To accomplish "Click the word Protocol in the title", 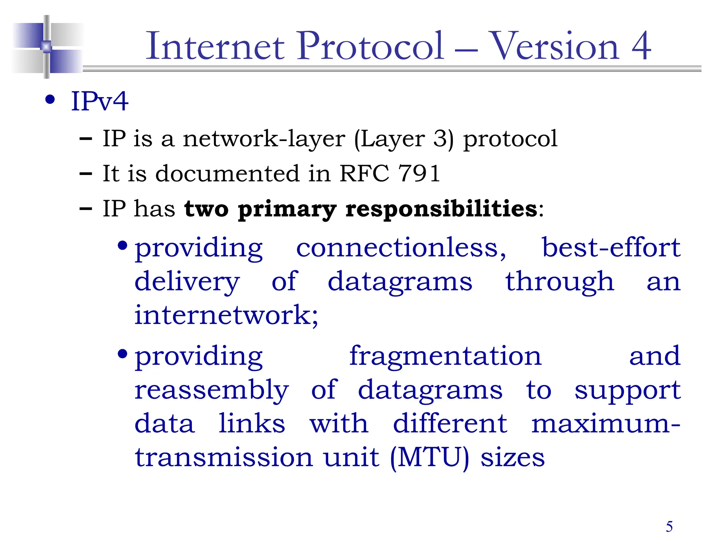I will click(x=370, y=46).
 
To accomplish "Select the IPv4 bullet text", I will click(x=99, y=102).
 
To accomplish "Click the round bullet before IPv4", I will click(x=50, y=100).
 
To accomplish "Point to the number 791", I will click(x=419, y=174).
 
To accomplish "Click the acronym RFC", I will click(x=364, y=174).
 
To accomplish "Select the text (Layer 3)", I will click(x=404, y=139).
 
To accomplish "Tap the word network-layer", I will click(x=264, y=139).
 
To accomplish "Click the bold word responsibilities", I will click(x=441, y=209).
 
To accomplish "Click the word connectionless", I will click(x=401, y=248).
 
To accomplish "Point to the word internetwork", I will click(x=226, y=315).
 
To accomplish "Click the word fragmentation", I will click(x=445, y=356).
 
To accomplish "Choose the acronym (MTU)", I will click(x=429, y=458).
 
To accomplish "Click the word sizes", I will click(x=512, y=458).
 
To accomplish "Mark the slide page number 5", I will click(x=669, y=527).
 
